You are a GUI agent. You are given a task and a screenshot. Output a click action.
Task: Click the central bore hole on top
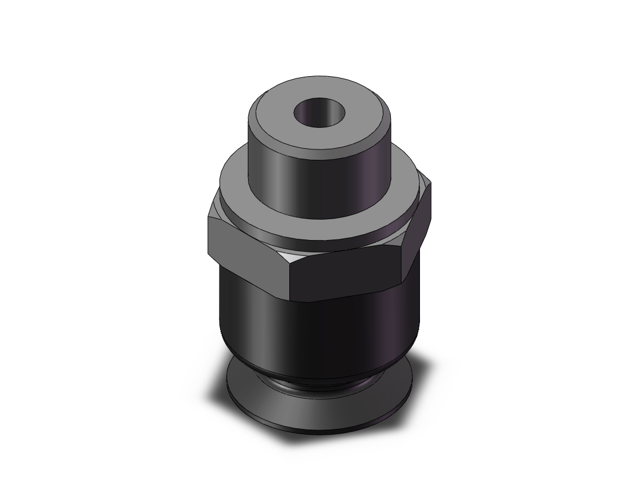coord(319,112)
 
